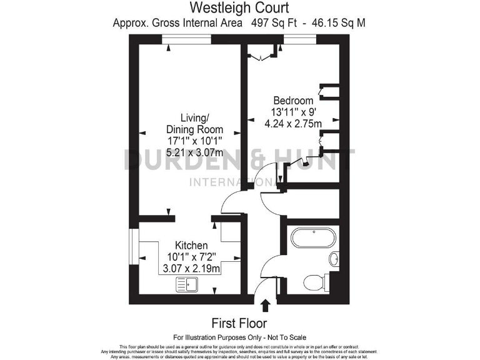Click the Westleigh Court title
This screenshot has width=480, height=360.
point(240,8)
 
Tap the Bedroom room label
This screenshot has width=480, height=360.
point(292,101)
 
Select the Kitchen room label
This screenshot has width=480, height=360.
point(191,246)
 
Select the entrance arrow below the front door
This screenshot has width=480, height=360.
point(266,305)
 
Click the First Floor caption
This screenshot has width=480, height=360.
point(239,323)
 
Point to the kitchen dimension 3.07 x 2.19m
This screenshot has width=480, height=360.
point(191,269)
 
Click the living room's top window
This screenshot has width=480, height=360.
point(186,39)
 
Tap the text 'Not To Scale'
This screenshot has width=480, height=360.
point(284,337)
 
